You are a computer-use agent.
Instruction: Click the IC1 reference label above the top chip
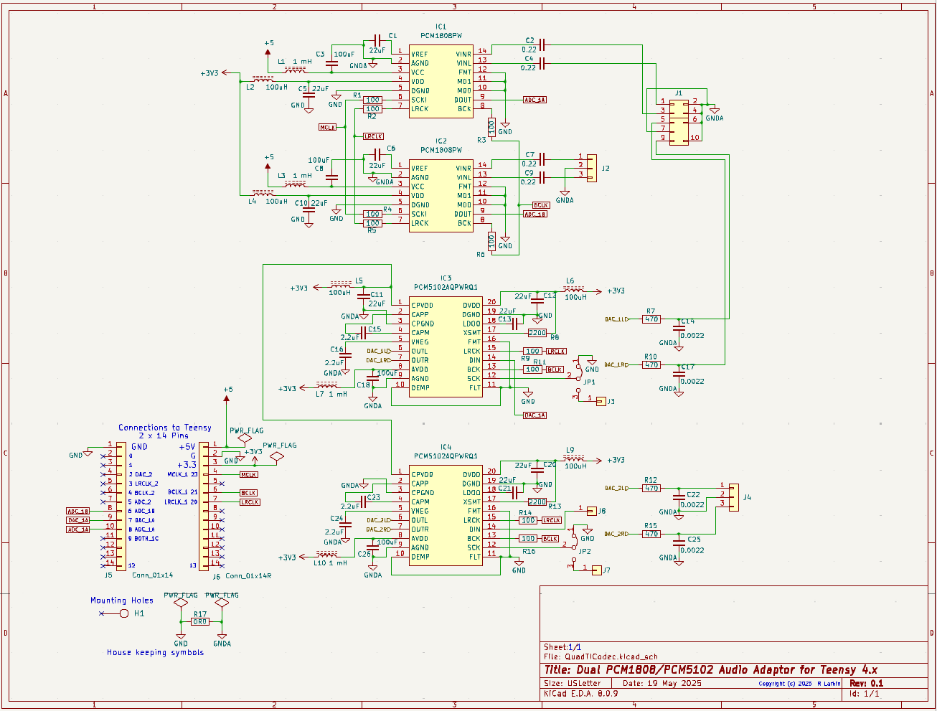click(x=441, y=27)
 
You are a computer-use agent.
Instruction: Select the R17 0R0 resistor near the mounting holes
click(x=200, y=622)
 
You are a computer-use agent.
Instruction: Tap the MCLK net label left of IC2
click(x=327, y=127)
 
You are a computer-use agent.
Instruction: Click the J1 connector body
click(x=679, y=122)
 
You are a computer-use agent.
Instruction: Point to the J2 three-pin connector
click(x=591, y=168)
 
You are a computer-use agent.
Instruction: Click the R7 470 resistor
click(x=651, y=319)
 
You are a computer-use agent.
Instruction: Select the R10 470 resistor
click(x=651, y=365)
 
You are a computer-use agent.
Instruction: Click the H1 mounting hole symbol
click(x=124, y=613)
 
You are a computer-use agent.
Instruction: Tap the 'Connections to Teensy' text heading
click(x=165, y=428)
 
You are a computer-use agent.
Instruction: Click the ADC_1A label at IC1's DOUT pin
click(x=535, y=100)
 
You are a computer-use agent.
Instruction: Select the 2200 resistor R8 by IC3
click(x=537, y=333)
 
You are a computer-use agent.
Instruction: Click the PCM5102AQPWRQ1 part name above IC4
click(x=446, y=456)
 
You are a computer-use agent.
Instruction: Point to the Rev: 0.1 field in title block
click(x=866, y=683)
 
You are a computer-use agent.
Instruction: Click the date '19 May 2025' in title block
click(x=672, y=683)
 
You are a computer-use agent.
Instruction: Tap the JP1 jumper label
click(x=589, y=382)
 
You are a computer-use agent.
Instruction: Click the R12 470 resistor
click(x=651, y=489)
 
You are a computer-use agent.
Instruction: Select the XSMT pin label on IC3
click(x=471, y=333)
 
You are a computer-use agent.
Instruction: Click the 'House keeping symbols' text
click(x=155, y=653)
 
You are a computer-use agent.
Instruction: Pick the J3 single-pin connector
click(x=601, y=401)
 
